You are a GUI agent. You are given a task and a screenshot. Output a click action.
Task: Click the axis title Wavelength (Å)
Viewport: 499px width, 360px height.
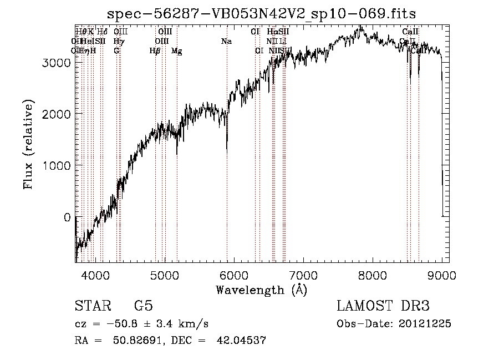[x=261, y=290]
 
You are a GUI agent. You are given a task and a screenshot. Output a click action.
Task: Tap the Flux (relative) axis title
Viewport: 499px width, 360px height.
[x=29, y=144]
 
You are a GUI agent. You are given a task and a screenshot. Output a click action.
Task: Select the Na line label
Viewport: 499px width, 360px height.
[x=226, y=42]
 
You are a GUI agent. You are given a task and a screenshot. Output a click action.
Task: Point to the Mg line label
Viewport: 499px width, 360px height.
[x=176, y=51]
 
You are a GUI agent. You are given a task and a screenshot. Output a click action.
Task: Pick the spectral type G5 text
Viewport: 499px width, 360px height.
[x=143, y=307]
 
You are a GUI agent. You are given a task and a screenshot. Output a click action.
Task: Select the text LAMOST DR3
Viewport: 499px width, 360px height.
[x=383, y=307]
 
